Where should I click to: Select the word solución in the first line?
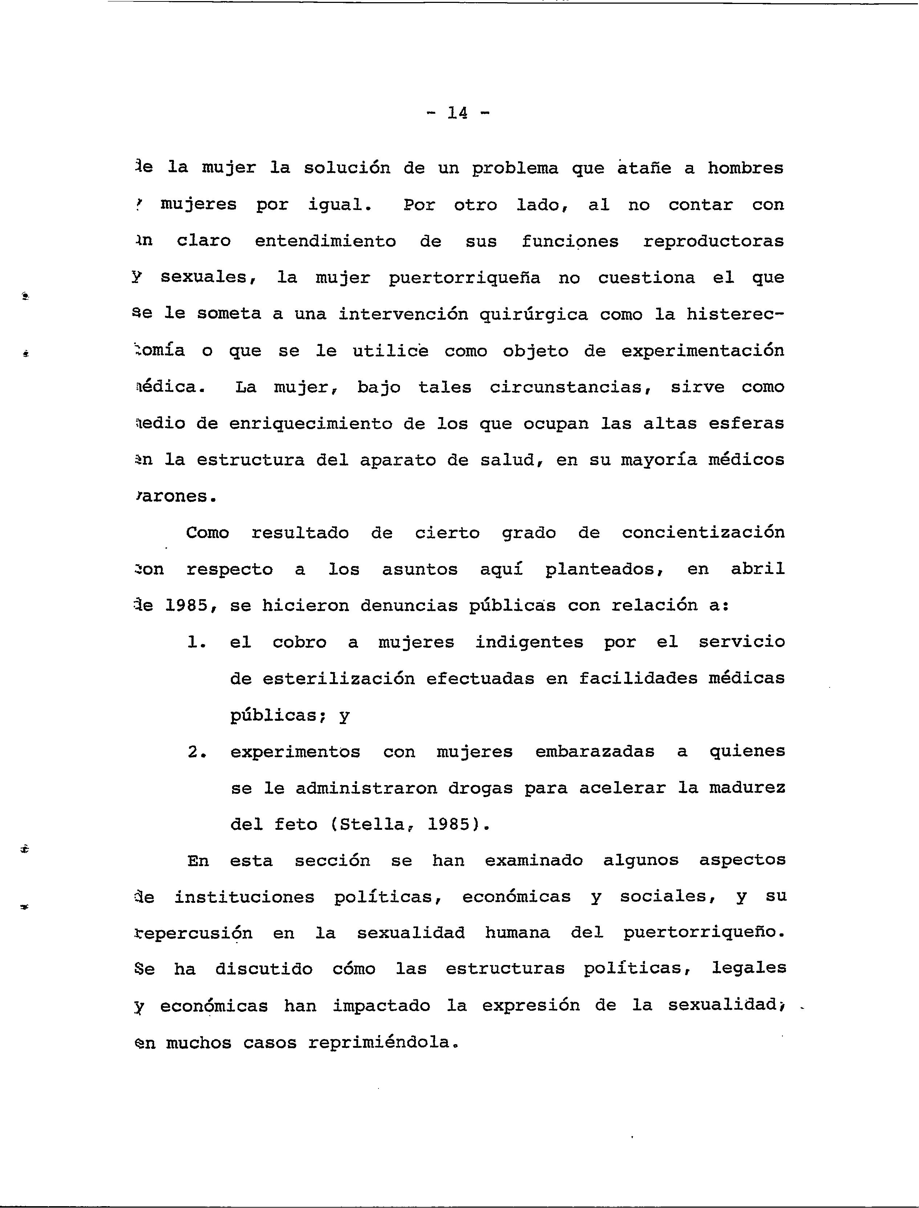(347, 168)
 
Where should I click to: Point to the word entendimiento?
(325, 241)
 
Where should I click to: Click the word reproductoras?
(713, 241)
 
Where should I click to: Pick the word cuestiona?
(646, 278)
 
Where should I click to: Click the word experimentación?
(703, 351)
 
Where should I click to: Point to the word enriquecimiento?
(310, 424)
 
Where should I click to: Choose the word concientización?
(703, 533)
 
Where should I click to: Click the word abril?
(758, 570)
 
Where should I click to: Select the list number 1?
(196, 642)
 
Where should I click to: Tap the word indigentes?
(529, 642)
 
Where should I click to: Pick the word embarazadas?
(595, 752)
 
